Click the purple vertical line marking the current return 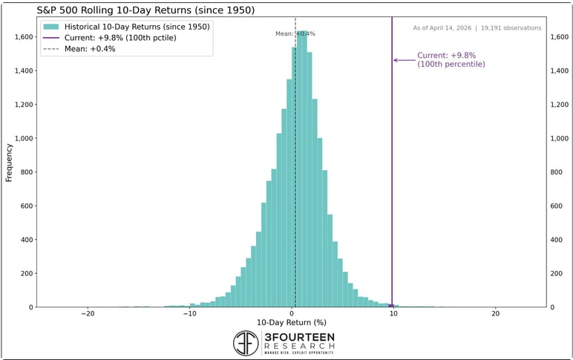pos(392,186)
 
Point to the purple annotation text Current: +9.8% pos(442,56)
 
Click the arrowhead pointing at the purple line pos(396,60)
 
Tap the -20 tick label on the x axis pos(88,313)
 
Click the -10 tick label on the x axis pos(189,313)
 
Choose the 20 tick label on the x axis pos(495,313)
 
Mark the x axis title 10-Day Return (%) pos(292,323)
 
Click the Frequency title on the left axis pos(10,161)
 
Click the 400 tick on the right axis pos(560,240)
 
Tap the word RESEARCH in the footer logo pos(298,346)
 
